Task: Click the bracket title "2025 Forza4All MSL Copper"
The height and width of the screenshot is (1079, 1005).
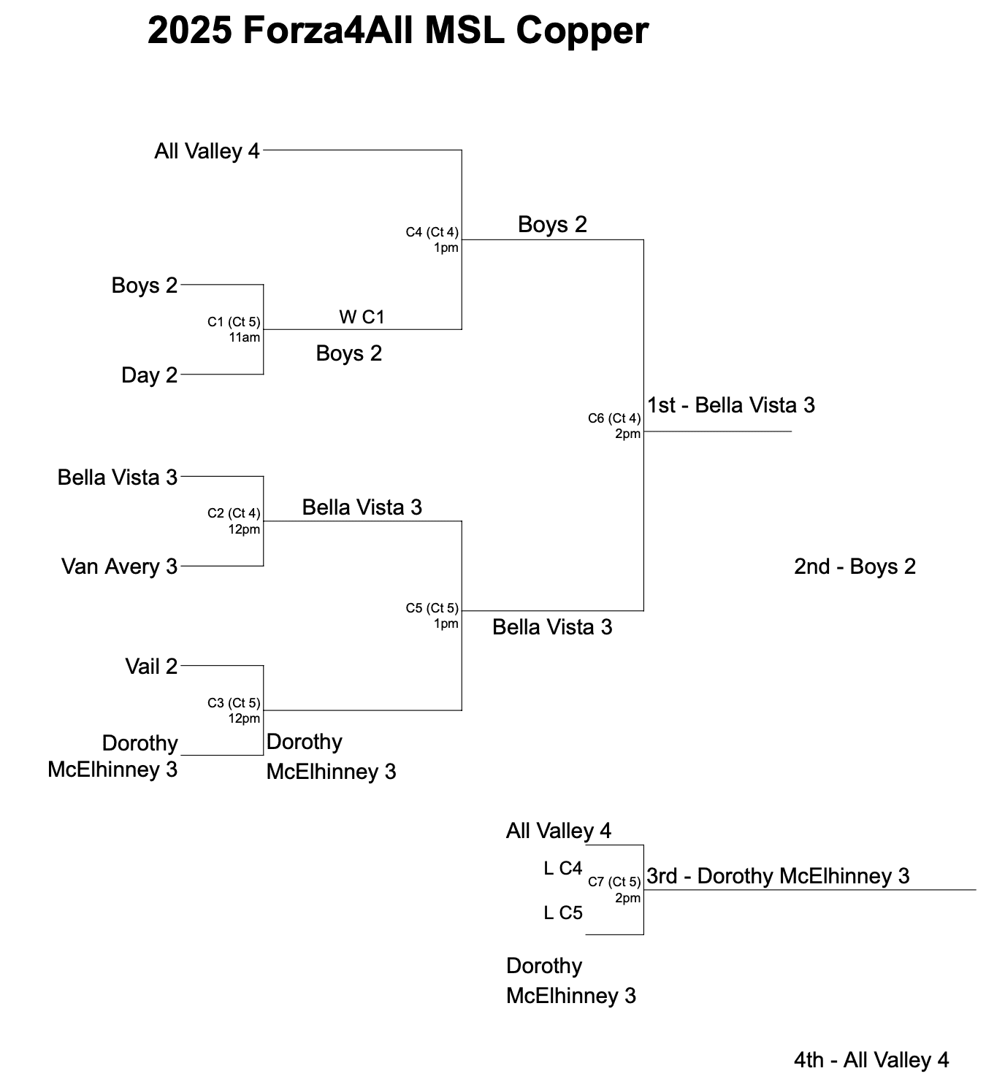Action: point(397,31)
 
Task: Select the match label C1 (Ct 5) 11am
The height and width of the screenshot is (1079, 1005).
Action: point(234,329)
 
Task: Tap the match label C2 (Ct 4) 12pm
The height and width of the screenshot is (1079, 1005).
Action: point(234,521)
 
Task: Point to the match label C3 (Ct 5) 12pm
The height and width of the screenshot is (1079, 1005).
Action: point(234,710)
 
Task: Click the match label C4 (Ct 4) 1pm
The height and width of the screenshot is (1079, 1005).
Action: point(432,239)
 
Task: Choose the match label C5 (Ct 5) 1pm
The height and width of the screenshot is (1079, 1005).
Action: point(432,615)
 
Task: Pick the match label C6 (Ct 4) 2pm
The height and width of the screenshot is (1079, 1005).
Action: point(614,426)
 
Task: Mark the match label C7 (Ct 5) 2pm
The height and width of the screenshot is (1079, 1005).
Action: point(614,889)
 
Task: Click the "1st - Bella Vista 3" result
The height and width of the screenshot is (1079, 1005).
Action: point(730,405)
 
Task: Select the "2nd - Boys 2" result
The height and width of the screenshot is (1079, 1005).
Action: point(855,567)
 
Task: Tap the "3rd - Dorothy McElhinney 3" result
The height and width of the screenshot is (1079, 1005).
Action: point(778,876)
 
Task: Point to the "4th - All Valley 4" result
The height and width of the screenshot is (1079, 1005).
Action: point(871,1060)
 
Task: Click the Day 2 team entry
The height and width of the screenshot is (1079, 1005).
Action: point(149,375)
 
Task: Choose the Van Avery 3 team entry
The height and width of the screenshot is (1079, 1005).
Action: point(119,567)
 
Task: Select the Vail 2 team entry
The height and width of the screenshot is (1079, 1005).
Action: point(151,667)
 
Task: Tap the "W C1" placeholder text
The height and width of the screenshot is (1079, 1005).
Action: point(362,317)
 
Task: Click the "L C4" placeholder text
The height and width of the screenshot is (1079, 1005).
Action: point(563,869)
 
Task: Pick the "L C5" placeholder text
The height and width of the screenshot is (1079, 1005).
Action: point(563,913)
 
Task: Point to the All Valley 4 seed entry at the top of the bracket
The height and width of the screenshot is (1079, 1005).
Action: point(207,151)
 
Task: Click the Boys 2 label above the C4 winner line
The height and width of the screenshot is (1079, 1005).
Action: point(552,225)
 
